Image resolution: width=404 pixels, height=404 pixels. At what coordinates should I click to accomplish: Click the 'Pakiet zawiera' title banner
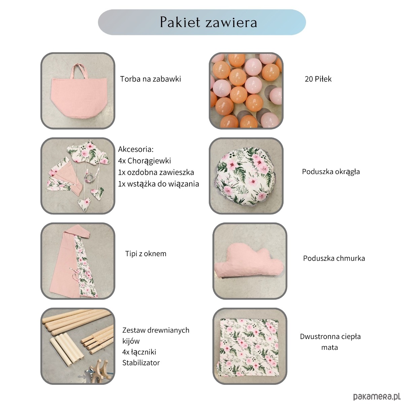202,22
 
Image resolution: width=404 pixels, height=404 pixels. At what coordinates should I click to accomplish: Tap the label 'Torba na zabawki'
150,79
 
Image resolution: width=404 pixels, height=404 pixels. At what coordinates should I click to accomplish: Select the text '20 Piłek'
318,79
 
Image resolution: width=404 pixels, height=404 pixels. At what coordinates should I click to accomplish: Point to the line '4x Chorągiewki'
144,161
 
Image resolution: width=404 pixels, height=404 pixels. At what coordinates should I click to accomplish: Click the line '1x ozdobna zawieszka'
156,172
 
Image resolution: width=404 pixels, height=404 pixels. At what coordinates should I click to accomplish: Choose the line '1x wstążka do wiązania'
158,184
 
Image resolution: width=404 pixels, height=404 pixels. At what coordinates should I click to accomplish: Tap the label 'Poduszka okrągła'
331,172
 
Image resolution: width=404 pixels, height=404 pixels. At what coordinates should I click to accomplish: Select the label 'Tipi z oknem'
145,254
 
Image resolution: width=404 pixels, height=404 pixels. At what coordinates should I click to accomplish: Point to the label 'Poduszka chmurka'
334,258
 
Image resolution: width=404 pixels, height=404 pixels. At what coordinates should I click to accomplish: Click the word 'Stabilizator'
141,363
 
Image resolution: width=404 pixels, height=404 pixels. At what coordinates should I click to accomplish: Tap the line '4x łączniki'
139,352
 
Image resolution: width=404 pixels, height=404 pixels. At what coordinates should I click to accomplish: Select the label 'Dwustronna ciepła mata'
330,342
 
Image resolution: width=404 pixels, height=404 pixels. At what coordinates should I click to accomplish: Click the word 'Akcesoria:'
136,149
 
